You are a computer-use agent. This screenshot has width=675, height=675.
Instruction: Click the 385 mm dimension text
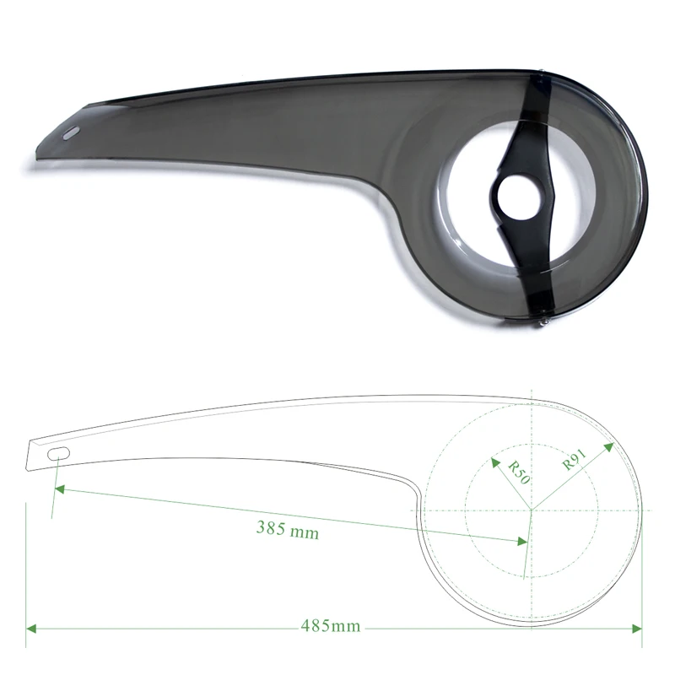coord(287,531)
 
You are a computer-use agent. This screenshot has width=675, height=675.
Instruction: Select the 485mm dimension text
coord(331,627)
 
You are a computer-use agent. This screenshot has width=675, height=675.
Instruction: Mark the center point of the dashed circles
coord(532,510)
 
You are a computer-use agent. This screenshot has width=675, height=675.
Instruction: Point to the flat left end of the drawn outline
coord(30,455)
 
